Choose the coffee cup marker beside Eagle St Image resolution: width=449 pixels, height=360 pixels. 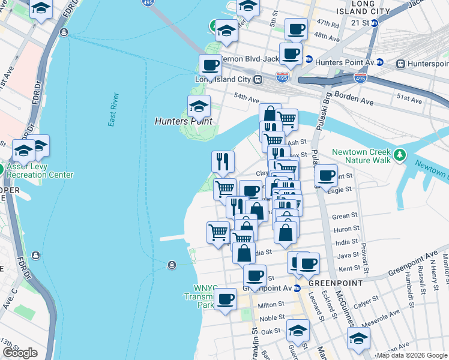[326, 176]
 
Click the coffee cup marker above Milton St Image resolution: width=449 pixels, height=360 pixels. [226, 299]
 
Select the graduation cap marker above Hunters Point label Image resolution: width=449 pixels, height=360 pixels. [199, 107]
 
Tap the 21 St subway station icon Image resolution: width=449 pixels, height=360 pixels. [374, 23]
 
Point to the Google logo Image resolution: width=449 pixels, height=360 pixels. [20, 352]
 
